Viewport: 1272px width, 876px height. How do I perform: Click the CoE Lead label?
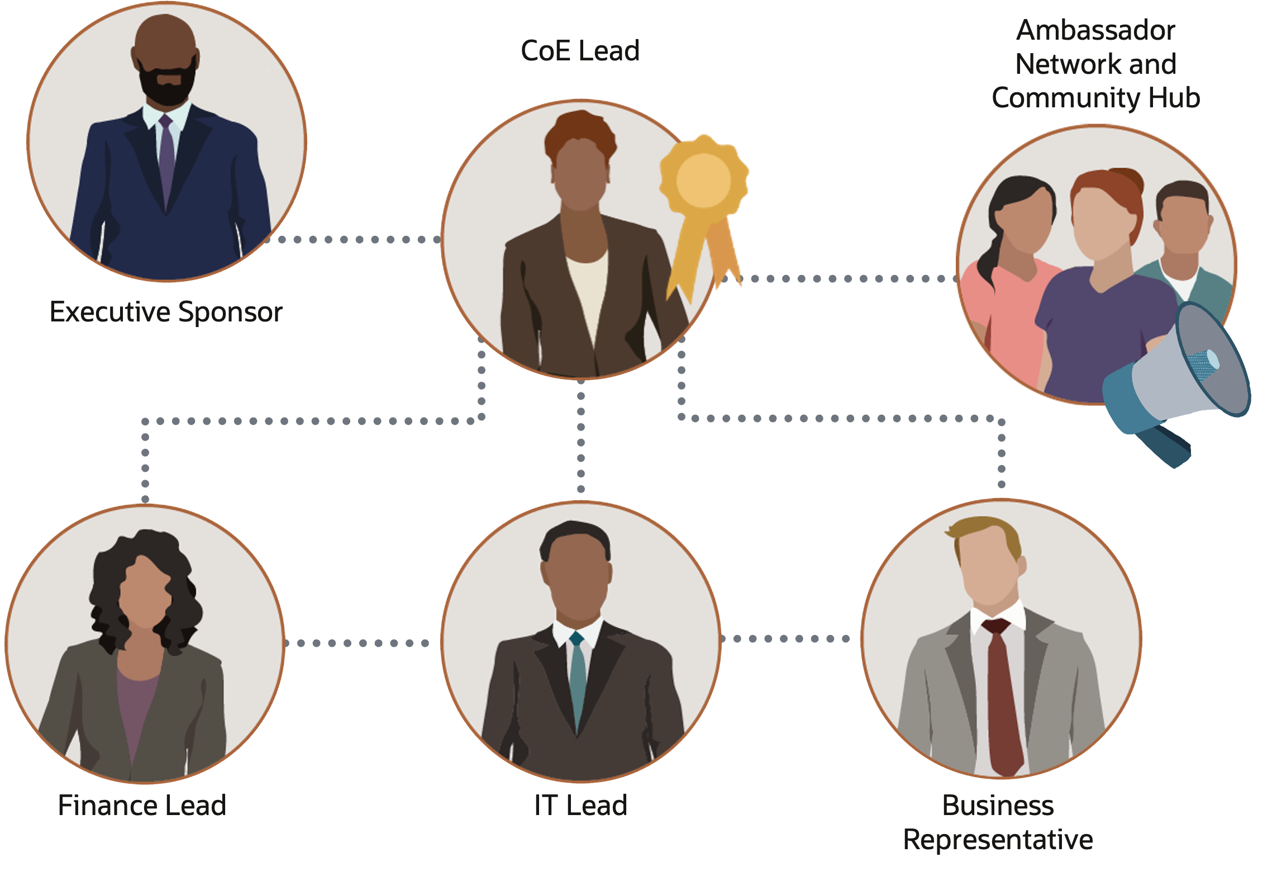tap(580, 51)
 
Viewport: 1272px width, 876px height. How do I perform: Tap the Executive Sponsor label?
tap(166, 312)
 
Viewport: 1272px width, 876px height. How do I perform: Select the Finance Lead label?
tap(142, 806)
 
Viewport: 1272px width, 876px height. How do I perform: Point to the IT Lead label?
tap(580, 806)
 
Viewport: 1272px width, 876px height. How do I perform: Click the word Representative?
tap(998, 840)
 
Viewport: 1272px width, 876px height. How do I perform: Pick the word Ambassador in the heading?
tap(1095, 30)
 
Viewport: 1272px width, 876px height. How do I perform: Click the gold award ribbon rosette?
tap(703, 180)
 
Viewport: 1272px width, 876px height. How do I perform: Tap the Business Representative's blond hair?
tap(986, 531)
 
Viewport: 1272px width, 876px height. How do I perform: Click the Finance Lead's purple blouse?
tap(136, 704)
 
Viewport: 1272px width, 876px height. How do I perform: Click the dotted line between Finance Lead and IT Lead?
tap(358, 643)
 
